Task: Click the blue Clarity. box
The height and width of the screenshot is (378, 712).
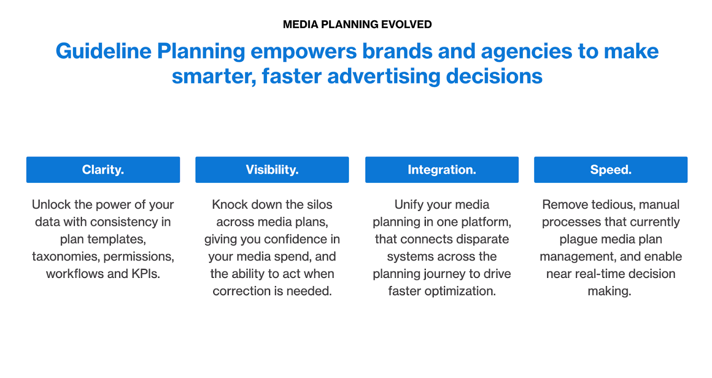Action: (x=103, y=169)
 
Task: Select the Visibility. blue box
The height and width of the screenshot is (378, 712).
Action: (x=272, y=169)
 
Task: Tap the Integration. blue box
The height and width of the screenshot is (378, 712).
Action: (x=442, y=169)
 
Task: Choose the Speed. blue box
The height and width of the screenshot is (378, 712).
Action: (x=611, y=169)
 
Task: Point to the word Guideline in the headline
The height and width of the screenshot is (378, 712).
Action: (x=104, y=51)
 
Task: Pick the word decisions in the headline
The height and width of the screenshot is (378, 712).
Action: (x=494, y=76)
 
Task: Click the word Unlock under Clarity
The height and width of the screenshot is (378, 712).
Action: (x=51, y=205)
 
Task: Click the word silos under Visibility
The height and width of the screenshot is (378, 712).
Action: (x=320, y=205)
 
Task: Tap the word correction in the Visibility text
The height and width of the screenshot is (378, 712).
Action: (x=242, y=291)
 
